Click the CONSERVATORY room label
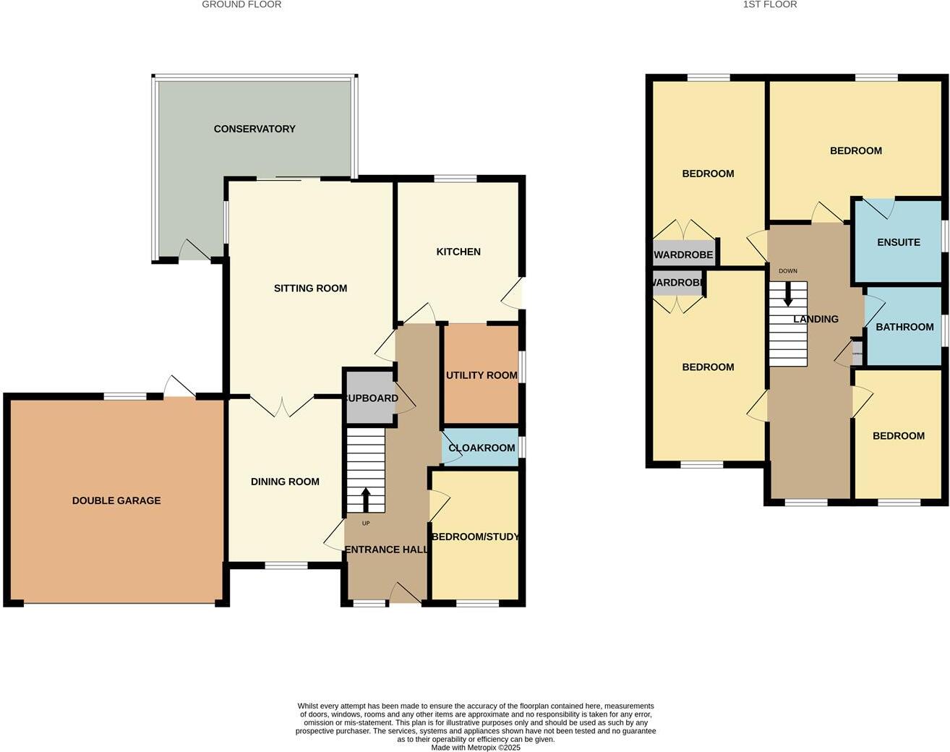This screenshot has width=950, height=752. point(254,129)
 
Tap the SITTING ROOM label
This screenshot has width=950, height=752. point(310,288)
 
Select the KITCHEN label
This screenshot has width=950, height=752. point(458,252)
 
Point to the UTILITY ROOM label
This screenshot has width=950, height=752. point(482,375)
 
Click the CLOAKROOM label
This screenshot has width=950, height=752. point(482,448)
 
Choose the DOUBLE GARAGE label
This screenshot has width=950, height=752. point(116,500)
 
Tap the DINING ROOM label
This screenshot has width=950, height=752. point(285,482)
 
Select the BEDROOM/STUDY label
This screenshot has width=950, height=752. point(476,537)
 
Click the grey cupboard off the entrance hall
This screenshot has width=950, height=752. point(369,398)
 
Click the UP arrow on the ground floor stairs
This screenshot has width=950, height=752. point(366,499)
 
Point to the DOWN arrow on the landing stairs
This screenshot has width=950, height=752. point(788,293)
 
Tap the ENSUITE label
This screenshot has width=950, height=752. point(899,242)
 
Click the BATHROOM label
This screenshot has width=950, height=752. point(904,327)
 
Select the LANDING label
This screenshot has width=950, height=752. point(816,319)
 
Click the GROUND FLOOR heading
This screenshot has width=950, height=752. point(241,4)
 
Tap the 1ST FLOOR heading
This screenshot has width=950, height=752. point(770,4)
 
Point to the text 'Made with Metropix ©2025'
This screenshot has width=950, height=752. point(476,747)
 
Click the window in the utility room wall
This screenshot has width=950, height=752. point(522,366)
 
